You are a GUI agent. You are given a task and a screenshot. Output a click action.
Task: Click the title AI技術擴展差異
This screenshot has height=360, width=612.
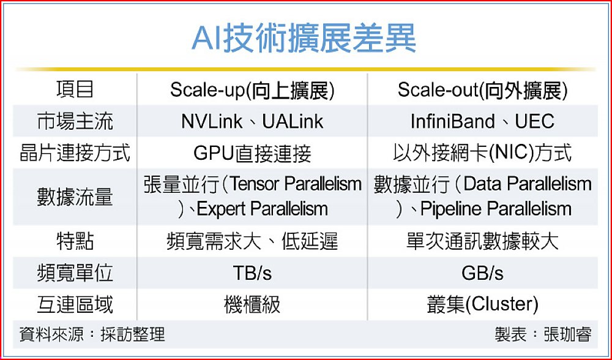pos(304,39)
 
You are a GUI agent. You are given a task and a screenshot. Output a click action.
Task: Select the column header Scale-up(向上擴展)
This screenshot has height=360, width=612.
pos(253,90)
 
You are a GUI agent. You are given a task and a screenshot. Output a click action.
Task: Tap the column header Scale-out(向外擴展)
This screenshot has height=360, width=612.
pos(483,90)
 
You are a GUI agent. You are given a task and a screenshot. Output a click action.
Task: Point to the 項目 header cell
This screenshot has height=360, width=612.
pos(75,89)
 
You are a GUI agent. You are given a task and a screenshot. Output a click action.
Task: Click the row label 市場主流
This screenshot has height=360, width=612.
pos(75,121)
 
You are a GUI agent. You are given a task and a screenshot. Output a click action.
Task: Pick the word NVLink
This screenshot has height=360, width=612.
pos(212,121)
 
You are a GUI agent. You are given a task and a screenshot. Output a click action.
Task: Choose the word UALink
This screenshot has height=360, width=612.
pos(293,121)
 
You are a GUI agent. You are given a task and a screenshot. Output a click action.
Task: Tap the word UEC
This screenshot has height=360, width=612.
pos(535,121)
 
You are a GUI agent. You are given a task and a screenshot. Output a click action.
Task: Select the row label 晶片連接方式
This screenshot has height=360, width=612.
pos(75,152)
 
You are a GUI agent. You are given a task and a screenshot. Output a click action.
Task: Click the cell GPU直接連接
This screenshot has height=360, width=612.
pos(253,154)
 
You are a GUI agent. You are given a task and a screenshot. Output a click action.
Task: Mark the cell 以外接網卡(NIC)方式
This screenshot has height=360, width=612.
pos(483,152)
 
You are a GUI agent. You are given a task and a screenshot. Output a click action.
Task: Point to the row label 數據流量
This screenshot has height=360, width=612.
pos(75,197)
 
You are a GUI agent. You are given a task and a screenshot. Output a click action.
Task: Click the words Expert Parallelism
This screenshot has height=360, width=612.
pos(262,209)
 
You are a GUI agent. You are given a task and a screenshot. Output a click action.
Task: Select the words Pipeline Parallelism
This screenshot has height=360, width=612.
pos(496,209)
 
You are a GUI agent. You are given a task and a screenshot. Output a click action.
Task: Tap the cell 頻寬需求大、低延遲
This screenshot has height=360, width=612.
pos(253,241)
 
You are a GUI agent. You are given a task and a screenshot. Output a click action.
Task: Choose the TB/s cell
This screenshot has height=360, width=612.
pos(253,273)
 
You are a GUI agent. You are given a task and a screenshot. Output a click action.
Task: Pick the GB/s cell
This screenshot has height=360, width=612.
pos(483,273)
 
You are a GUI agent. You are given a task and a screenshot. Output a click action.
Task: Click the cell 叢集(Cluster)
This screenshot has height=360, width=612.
pos(483,304)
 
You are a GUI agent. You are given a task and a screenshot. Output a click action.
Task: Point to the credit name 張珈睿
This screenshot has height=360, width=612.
pos(568,335)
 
